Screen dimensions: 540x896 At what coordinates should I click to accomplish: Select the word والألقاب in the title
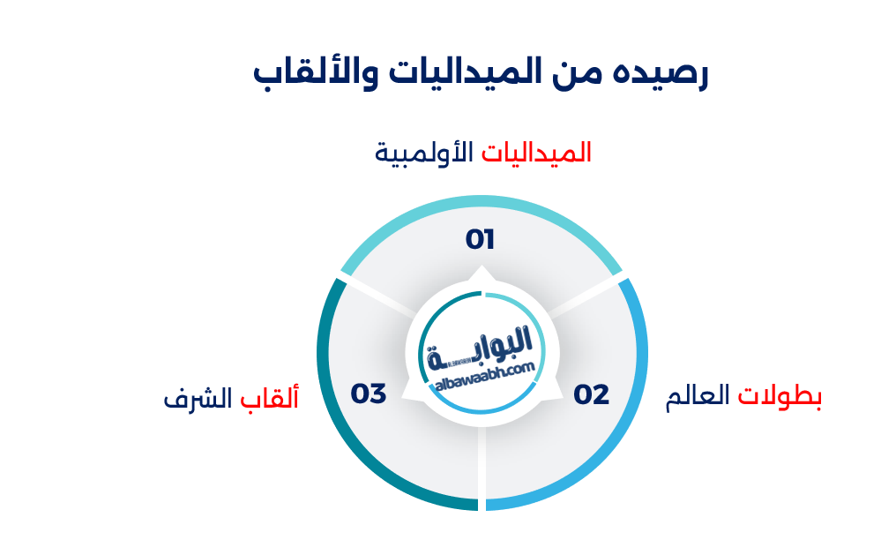tap(308, 73)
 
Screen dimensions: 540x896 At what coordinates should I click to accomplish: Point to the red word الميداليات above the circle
tap(536, 153)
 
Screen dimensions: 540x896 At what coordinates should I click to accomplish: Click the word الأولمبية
tap(424, 153)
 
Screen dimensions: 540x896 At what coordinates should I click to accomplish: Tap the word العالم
tap(698, 397)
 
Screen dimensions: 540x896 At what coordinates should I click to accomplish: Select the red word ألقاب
tap(269, 398)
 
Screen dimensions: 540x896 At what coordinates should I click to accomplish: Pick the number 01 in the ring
tap(481, 239)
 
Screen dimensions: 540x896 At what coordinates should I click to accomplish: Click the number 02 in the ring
tap(592, 394)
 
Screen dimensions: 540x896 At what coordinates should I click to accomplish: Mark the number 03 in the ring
tap(369, 394)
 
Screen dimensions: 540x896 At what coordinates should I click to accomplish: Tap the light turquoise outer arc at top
tap(481, 205)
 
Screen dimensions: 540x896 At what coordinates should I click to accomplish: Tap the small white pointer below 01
tap(481, 274)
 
